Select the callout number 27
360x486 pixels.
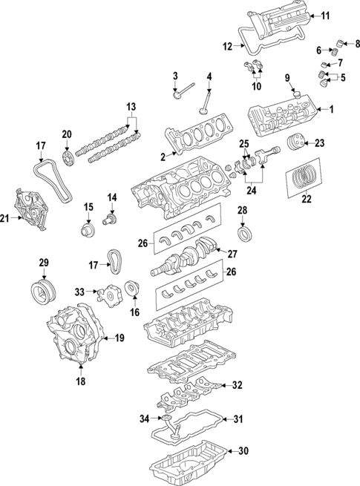(x=232, y=254)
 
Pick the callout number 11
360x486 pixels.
(x=325, y=15)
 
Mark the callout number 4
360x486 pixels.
(x=209, y=76)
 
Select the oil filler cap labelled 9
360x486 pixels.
(x=295, y=94)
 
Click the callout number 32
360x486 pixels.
(x=238, y=385)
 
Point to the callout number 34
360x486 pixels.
(x=143, y=419)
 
